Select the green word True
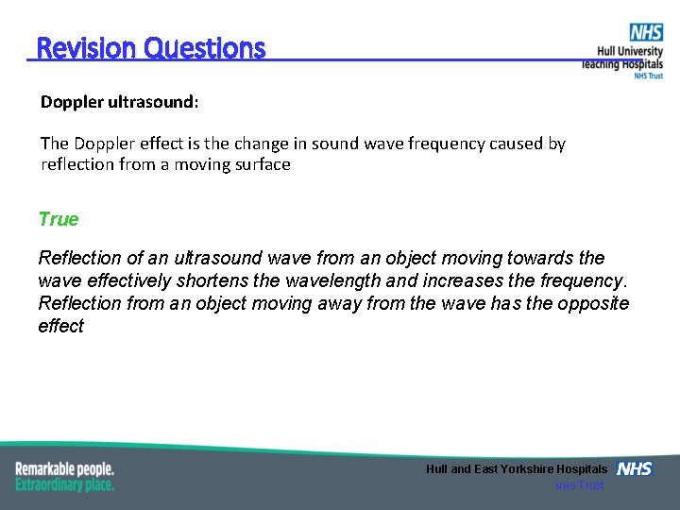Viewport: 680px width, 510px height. (59, 219)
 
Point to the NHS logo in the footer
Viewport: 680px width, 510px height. (634, 468)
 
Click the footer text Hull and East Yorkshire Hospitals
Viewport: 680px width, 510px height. (517, 469)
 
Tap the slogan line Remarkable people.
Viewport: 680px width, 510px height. (64, 468)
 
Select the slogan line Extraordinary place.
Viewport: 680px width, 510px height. (64, 484)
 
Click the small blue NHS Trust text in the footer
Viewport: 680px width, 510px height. (579, 485)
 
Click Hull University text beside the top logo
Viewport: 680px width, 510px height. (630, 52)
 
